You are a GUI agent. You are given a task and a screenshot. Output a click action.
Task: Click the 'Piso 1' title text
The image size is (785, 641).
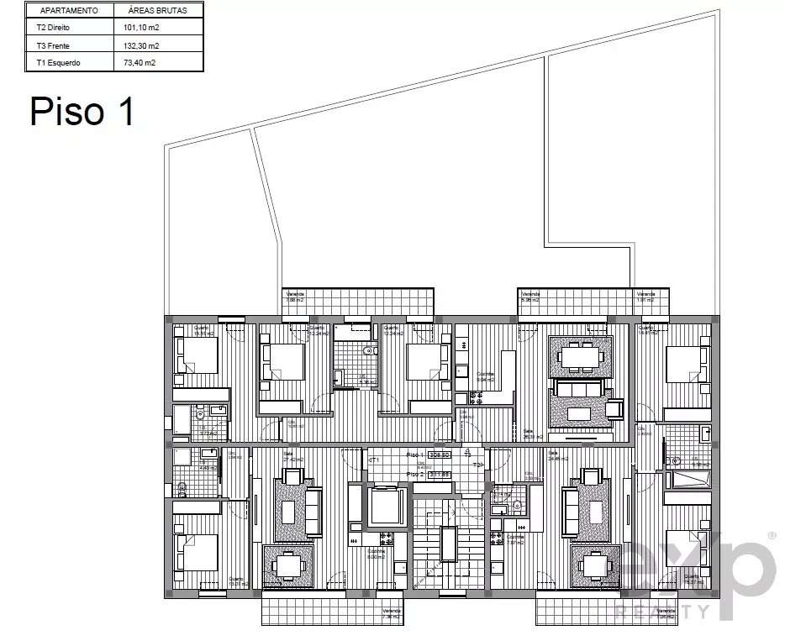point(82,111)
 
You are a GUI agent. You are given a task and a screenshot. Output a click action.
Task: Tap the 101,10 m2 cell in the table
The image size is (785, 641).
point(140,28)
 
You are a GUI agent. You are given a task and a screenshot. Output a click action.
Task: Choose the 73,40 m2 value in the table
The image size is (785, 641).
point(139,62)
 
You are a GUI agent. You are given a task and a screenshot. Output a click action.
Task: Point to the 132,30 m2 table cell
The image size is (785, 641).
point(140,45)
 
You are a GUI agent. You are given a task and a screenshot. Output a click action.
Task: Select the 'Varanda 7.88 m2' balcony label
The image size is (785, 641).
point(295,297)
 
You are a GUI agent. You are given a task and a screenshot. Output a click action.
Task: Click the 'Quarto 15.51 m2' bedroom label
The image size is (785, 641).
point(203,330)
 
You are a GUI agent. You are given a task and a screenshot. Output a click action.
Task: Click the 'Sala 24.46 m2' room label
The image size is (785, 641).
point(558,457)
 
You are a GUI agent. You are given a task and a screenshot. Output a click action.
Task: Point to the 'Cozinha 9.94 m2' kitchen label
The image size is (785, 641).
point(486,376)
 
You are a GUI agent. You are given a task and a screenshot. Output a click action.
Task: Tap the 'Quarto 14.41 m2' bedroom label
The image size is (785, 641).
point(649,330)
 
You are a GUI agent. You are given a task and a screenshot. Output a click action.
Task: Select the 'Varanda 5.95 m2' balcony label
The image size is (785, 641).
point(529,297)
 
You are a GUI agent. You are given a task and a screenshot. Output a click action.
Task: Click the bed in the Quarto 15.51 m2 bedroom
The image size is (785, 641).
point(197,355)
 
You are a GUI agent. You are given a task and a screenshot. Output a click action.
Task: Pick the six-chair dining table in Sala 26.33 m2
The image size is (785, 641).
point(582,357)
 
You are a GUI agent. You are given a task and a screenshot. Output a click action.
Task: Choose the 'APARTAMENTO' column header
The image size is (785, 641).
point(69,12)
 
